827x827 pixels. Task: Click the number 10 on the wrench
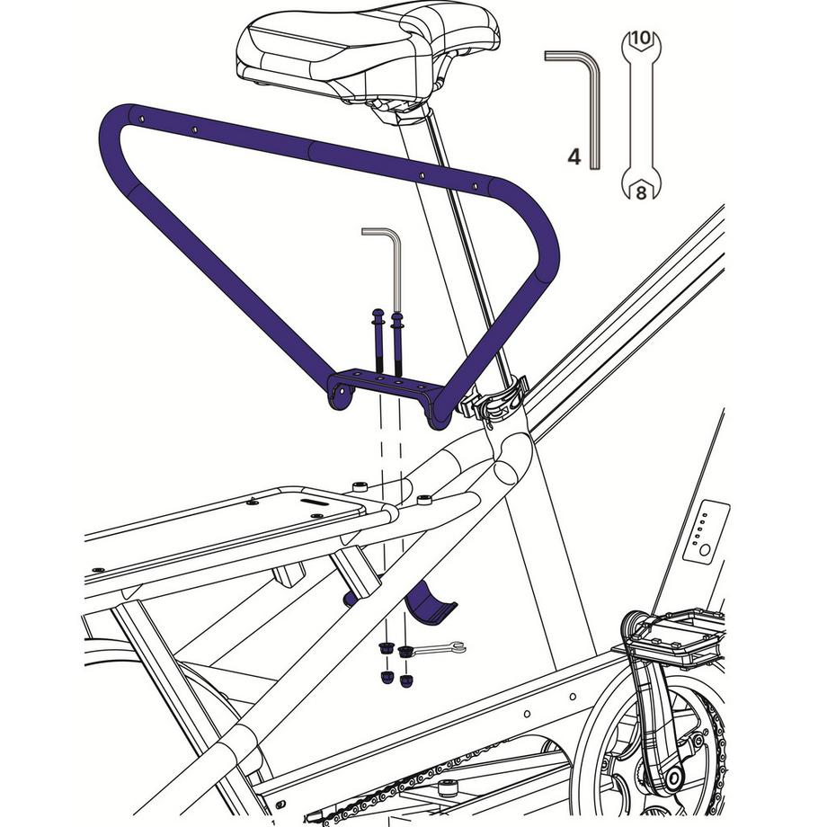(640, 39)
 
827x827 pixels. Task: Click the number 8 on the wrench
(641, 191)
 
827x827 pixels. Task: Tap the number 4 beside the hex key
(574, 157)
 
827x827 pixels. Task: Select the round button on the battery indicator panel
(707, 547)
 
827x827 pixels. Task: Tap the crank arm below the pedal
(653, 719)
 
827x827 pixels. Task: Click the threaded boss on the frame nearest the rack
(360, 486)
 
